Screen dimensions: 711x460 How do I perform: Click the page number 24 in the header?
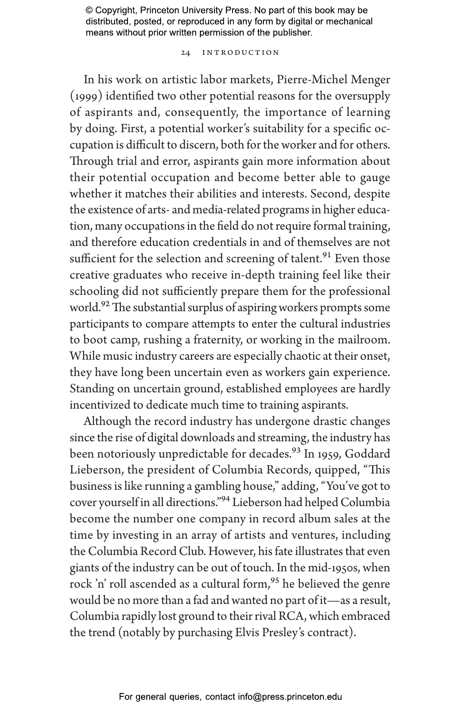tap(186, 53)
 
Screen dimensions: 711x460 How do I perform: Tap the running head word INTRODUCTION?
tap(240, 53)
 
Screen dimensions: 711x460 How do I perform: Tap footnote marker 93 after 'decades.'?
tap(296, 451)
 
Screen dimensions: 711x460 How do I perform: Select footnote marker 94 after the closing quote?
tap(225, 499)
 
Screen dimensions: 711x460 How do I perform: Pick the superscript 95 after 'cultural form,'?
tap(275, 581)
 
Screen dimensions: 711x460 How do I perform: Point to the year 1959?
tap(327, 454)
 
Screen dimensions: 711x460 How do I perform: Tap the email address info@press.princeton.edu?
tap(290, 697)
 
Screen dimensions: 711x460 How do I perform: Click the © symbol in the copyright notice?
tap(89, 10)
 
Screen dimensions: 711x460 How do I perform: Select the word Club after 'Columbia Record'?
tap(192, 551)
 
